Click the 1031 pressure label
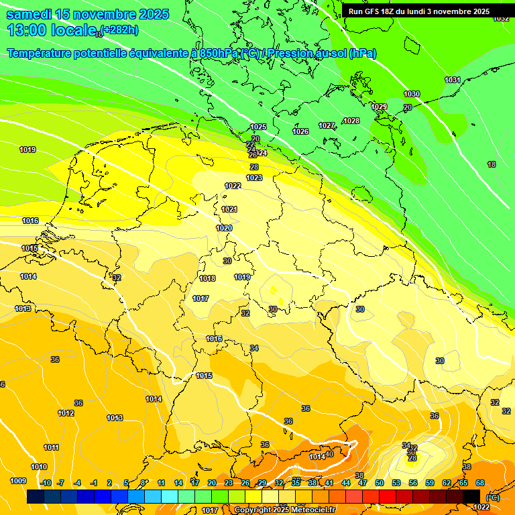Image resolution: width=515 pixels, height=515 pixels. pos(453,80)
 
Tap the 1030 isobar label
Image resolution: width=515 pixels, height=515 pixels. pos(412,95)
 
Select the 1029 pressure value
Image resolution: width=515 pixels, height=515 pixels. pos(380,107)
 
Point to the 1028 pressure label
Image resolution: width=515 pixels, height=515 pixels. pos(351,121)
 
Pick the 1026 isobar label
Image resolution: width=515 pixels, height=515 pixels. pos(300,131)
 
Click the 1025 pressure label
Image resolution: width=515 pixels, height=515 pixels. pos(258,127)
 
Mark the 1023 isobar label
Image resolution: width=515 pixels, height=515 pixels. pos(254,178)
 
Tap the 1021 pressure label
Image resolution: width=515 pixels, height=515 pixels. pos(229,209)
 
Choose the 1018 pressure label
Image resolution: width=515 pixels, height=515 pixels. pos(207,278)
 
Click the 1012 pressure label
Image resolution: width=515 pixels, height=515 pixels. pos(66,413)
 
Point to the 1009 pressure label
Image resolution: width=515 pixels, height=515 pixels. pos(18,481)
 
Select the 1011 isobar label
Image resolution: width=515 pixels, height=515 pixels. pos(51,447)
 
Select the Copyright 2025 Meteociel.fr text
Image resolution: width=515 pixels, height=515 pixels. pos(284,510)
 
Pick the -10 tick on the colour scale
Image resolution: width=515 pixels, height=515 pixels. pos(46,483)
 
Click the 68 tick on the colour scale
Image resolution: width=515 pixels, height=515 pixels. pos(480,483)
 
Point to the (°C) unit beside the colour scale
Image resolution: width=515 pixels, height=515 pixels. pos(492,498)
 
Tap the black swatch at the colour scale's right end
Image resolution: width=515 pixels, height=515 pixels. pos(472,496)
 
